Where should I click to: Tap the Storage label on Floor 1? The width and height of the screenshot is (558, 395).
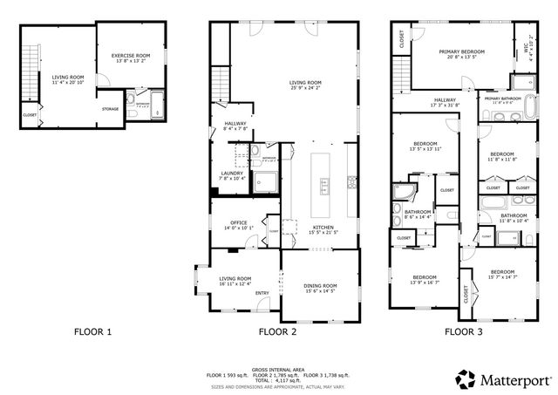[110, 109]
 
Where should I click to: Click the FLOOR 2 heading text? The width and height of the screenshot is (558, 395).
[278, 331]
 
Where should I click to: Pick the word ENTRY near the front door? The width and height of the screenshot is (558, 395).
[262, 293]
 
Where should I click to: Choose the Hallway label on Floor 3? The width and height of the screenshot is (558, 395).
[445, 103]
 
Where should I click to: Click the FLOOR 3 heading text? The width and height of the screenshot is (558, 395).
[464, 331]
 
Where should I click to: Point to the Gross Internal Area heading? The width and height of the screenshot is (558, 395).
[278, 370]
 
